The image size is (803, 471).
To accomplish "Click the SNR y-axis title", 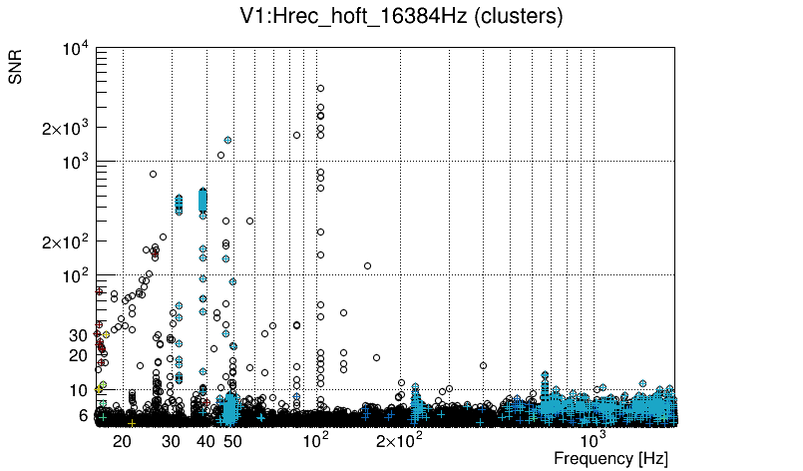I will point(16,68).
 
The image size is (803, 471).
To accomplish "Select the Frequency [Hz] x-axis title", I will point(610,458).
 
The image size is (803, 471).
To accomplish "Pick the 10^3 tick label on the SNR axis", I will point(78,162).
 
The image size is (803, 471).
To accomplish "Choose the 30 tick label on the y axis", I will point(80,335).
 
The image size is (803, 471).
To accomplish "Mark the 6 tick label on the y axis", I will point(84,415).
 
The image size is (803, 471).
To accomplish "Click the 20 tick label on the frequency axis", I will point(122,440).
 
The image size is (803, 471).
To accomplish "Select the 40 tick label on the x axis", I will point(204,440).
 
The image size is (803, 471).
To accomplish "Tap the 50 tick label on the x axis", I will point(231,440).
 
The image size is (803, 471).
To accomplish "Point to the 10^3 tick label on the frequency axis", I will point(593,439).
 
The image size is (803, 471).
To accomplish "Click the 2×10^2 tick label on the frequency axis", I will point(399,440).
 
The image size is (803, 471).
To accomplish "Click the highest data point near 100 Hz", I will point(320,88).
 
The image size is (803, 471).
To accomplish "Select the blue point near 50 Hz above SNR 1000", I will point(228,141).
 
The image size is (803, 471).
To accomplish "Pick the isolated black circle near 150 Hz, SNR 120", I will point(368,265).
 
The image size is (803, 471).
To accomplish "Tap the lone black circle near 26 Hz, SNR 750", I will point(154,175).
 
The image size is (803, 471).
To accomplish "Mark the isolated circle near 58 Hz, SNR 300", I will point(249,221).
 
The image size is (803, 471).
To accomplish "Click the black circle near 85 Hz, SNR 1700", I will point(296,135).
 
